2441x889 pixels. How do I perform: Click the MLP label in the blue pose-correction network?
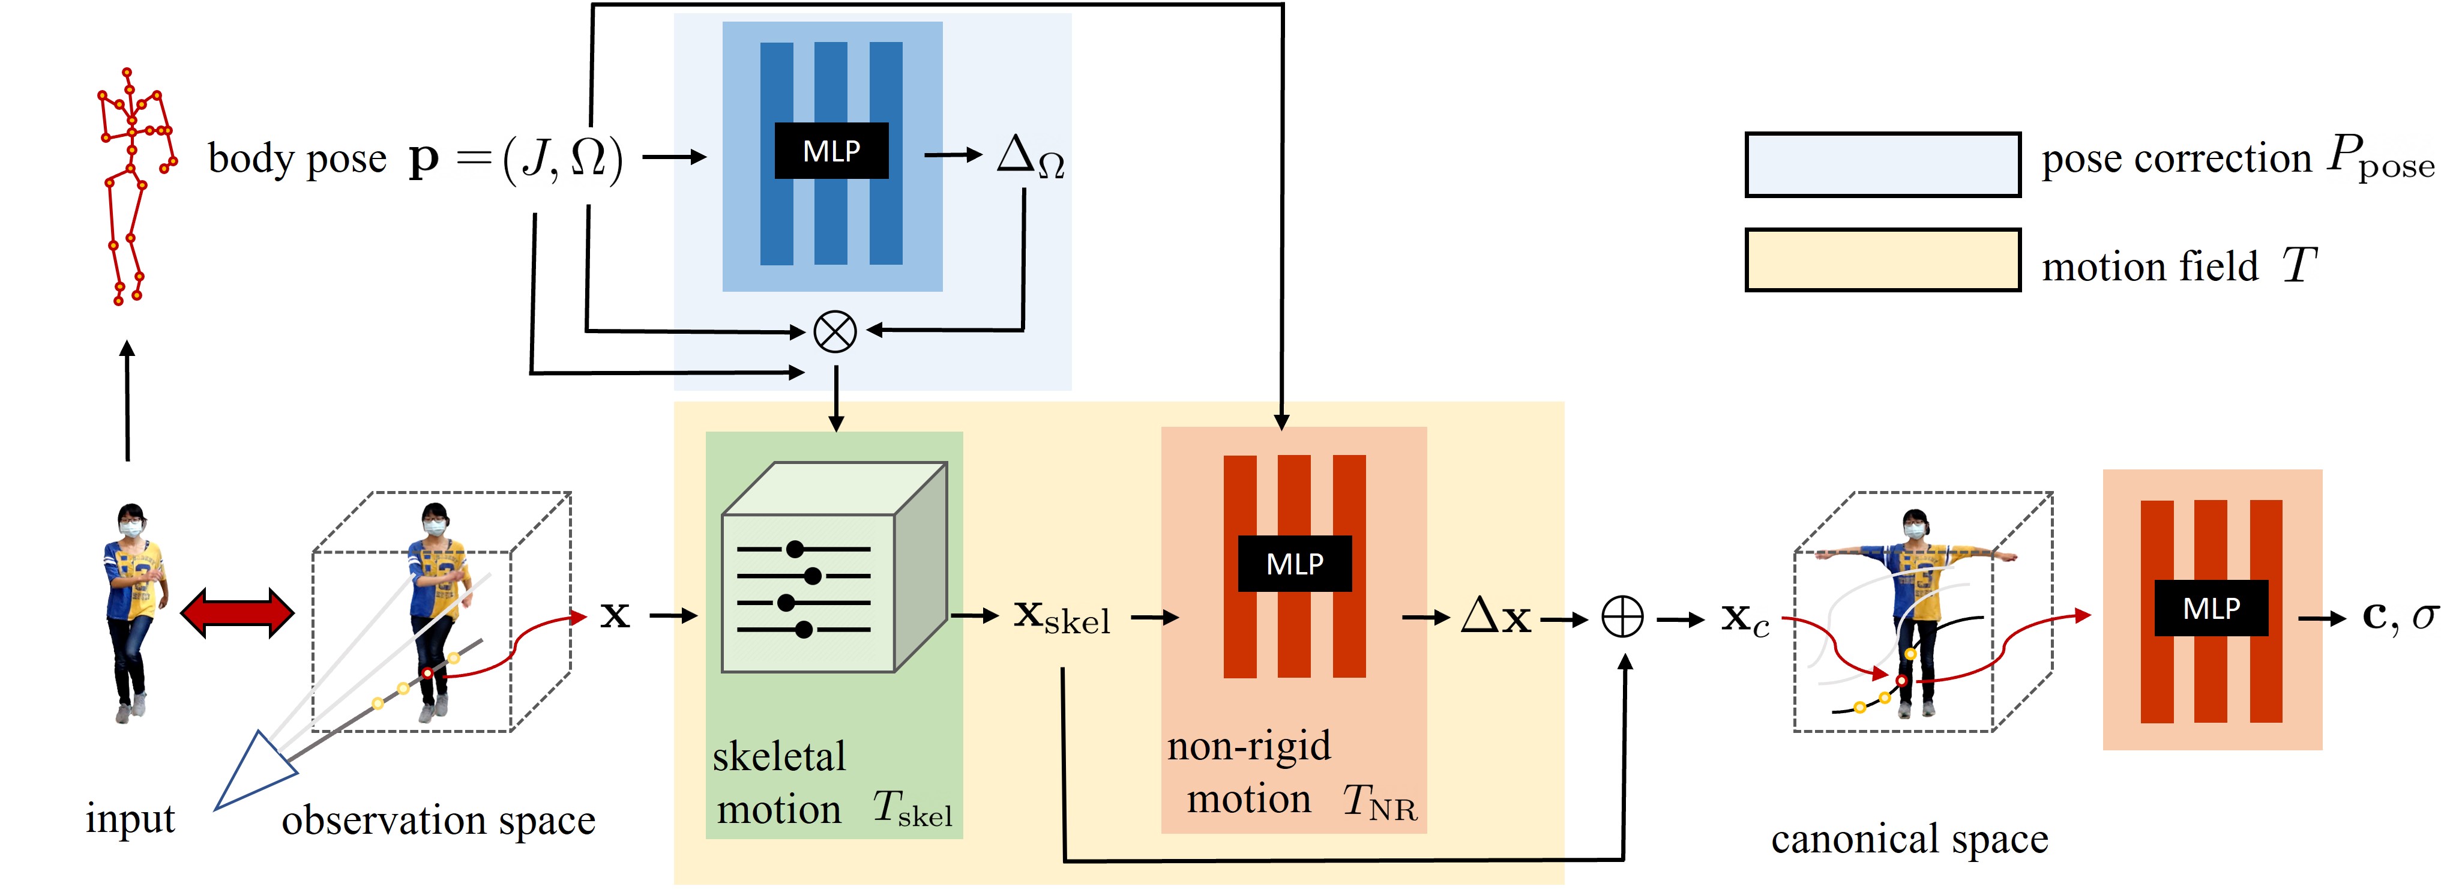pyautogui.click(x=831, y=151)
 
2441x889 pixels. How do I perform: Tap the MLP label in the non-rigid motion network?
pyautogui.click(x=1295, y=564)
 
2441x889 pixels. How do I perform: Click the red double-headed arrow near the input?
pyautogui.click(x=237, y=613)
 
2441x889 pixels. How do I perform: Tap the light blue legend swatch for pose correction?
pyautogui.click(x=1882, y=165)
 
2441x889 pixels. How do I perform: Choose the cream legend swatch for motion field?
pyautogui.click(x=1882, y=260)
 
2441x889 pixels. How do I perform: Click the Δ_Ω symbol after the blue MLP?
pyautogui.click(x=1030, y=157)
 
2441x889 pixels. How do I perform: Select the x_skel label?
pyautogui.click(x=1061, y=617)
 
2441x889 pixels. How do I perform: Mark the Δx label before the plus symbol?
pyautogui.click(x=1495, y=617)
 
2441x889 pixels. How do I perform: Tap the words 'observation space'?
pyautogui.click(x=438, y=820)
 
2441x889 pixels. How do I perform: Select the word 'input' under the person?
pyautogui.click(x=130, y=818)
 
